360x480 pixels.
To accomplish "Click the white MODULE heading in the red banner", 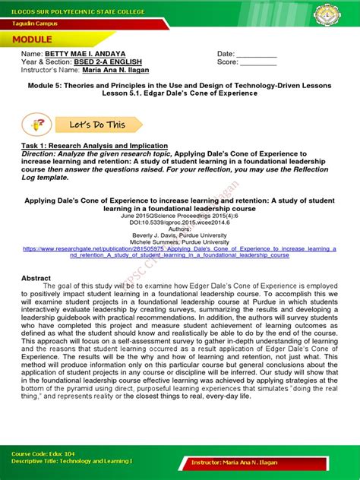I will (32, 39).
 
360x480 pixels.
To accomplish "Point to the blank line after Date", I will (261, 55).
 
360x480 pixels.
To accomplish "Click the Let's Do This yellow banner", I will (99, 124).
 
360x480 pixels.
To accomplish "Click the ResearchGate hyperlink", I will (179, 252).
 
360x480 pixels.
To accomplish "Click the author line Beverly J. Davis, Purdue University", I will (180, 235).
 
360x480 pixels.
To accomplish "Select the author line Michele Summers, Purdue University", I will (180, 242).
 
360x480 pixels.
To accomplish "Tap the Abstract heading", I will (36, 279).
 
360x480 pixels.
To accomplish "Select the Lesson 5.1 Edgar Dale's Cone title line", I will (180, 93).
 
